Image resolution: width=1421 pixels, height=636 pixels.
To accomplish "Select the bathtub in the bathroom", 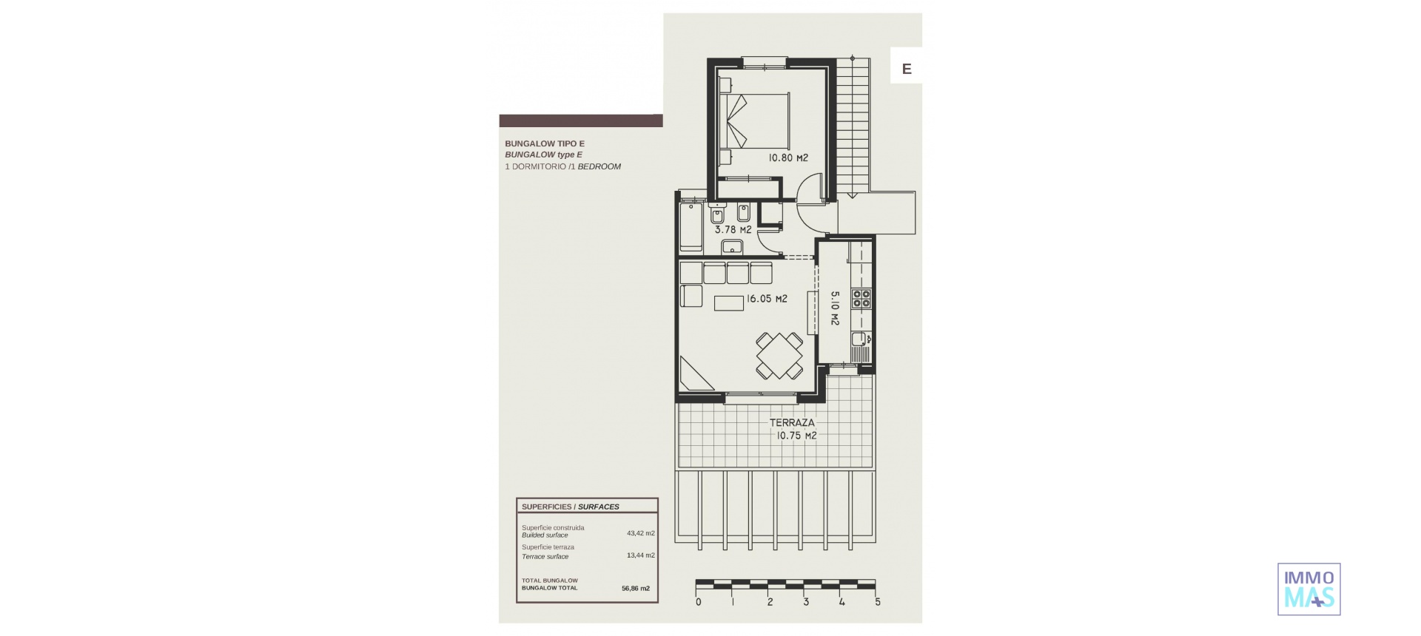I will pyautogui.click(x=691, y=223).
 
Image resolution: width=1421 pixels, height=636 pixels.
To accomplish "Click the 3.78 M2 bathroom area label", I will pyautogui.click(x=733, y=230).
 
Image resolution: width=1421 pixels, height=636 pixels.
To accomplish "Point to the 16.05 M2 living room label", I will pyautogui.click(x=766, y=300).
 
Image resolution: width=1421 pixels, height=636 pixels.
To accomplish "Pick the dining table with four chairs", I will pyautogui.click(x=779, y=355).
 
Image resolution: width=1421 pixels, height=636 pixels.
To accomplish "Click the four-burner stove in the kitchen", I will pyautogui.click(x=861, y=298).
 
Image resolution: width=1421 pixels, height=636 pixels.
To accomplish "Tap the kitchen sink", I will pyautogui.click(x=859, y=340).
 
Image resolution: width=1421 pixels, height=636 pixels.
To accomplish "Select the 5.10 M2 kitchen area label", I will pyautogui.click(x=834, y=308).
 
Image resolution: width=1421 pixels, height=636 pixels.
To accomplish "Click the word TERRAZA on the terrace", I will pyautogui.click(x=791, y=423).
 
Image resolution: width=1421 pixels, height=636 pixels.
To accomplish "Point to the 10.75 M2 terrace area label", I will pyautogui.click(x=796, y=436).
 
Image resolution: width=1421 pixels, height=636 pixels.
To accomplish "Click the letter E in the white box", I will pyautogui.click(x=906, y=70).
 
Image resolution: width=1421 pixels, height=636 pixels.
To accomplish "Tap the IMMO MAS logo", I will pyautogui.click(x=1309, y=589).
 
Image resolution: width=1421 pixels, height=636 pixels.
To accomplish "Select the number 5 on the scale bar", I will pyautogui.click(x=878, y=602).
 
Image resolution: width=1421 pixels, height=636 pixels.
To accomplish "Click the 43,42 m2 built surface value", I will pyautogui.click(x=640, y=532).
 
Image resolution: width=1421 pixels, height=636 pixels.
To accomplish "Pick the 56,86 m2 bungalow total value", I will pyautogui.click(x=636, y=589).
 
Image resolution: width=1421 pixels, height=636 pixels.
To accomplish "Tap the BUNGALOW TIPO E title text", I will pyautogui.click(x=544, y=143).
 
